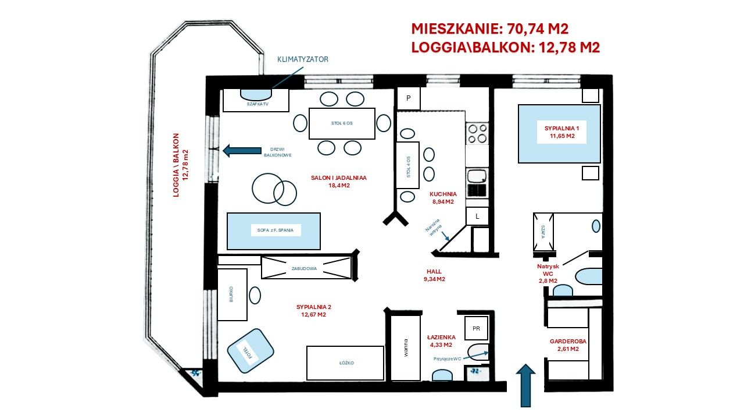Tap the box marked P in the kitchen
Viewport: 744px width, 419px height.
tap(408, 98)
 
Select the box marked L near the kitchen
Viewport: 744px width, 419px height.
tap(477, 216)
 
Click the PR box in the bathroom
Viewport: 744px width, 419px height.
tap(476, 328)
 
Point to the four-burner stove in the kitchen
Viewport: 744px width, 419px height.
tap(477, 133)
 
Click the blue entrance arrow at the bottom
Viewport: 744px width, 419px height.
tap(525, 385)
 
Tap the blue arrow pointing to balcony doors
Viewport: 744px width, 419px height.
tap(242, 151)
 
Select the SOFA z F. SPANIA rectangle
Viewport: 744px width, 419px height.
tap(274, 231)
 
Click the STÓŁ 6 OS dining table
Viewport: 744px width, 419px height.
tap(341, 123)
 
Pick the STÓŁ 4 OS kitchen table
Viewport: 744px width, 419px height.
tap(407, 165)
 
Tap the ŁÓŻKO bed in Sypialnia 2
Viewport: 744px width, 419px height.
tap(345, 363)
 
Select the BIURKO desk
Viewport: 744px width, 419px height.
tap(232, 294)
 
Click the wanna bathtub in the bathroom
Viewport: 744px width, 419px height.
tap(405, 348)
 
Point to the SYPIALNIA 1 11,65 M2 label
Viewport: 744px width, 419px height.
tap(559, 132)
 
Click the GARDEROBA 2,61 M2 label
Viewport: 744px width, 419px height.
tap(564, 346)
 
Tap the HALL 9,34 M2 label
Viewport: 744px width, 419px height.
tap(434, 275)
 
